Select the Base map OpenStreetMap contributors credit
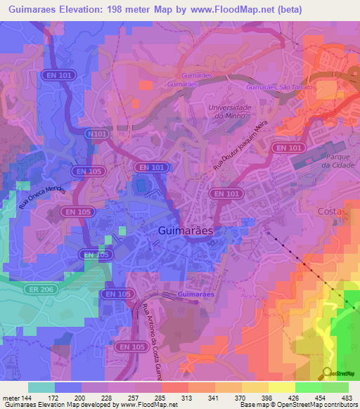point(300,405)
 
